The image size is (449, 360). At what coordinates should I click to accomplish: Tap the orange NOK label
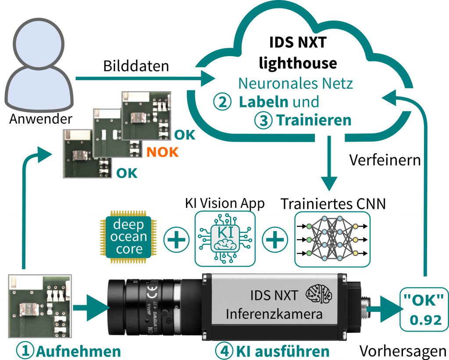pyautogui.click(x=163, y=152)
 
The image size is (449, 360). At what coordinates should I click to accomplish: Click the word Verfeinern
pyautogui.click(x=385, y=160)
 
